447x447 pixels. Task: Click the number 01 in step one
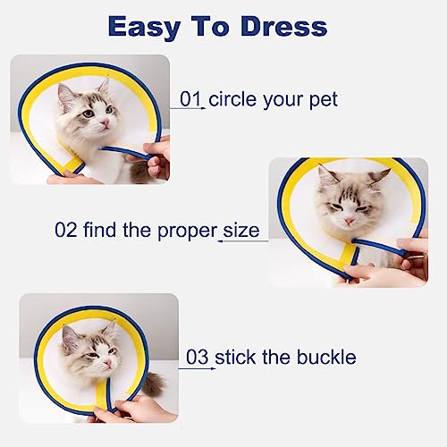click(190, 99)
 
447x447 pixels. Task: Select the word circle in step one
click(232, 99)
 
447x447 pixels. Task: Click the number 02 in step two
click(66, 230)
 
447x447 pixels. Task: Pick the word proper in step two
click(187, 232)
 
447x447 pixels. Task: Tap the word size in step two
click(241, 231)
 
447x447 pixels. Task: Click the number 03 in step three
click(197, 357)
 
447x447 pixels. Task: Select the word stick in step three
click(235, 357)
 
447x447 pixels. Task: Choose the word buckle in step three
click(326, 357)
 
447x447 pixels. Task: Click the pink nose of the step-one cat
click(105, 122)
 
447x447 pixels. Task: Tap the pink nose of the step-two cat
click(350, 221)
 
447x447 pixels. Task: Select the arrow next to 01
click(188, 108)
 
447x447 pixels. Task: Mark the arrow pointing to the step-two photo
click(243, 240)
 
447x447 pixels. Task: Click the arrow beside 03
click(198, 369)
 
